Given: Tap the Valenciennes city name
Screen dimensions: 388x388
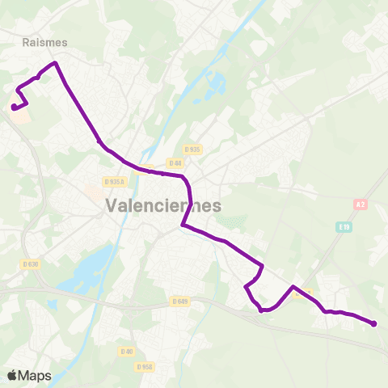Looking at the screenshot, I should (162, 206).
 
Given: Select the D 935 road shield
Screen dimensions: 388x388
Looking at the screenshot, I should (192, 150).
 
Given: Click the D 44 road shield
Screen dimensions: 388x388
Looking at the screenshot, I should (176, 163).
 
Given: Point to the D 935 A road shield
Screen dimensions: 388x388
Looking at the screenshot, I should (115, 182).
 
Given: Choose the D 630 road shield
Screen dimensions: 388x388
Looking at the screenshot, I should (31, 264).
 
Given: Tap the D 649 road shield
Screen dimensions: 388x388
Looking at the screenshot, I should (179, 302).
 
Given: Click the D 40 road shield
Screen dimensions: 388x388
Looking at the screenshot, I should (126, 352).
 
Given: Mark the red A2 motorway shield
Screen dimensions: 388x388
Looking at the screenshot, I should (361, 205).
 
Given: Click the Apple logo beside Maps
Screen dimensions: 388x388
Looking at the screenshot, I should (12, 375).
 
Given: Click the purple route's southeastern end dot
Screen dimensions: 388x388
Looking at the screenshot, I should (373, 324).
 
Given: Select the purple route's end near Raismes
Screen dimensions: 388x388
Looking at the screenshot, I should (13, 107).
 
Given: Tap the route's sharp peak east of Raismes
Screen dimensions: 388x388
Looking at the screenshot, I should (55, 63).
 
